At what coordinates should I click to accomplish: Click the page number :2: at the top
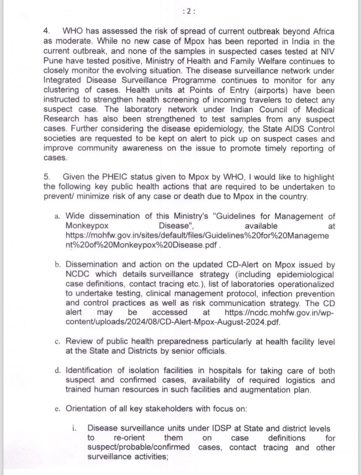pyautogui.click(x=189, y=11)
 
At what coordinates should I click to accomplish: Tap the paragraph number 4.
pyautogui.click(x=47, y=31)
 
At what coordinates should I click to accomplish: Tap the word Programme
pyautogui.click(x=194, y=80)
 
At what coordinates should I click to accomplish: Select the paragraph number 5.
pyautogui.click(x=47, y=177)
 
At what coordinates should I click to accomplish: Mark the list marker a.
pyautogui.click(x=58, y=216)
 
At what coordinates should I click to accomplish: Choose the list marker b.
pyautogui.click(x=58, y=265)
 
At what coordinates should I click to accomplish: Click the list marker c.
pyautogui.click(x=58, y=342)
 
